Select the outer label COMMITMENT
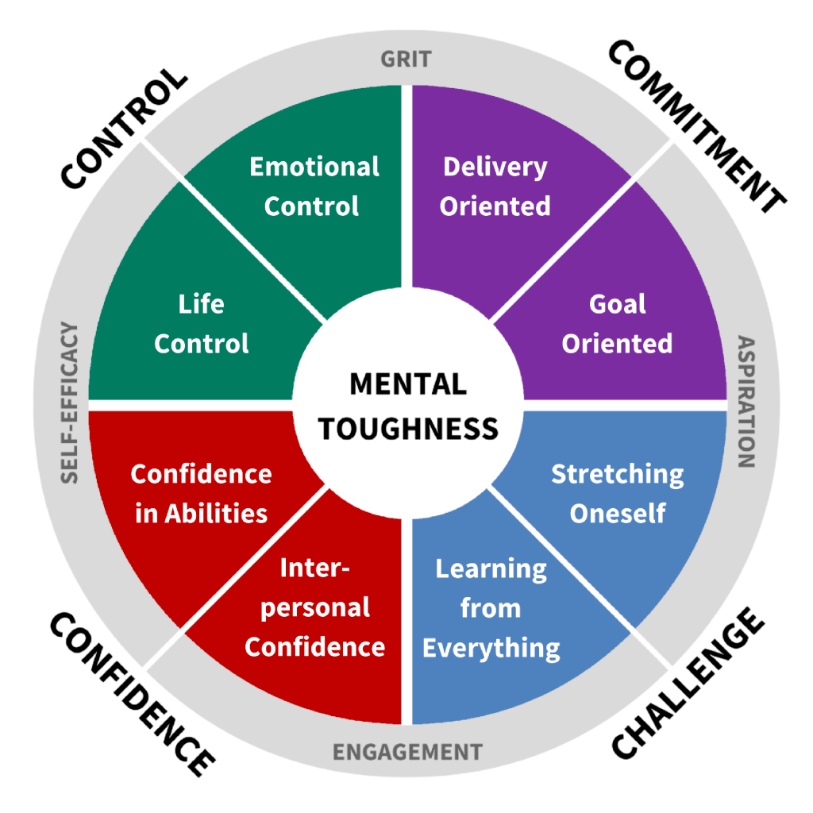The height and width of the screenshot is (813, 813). [x=697, y=127]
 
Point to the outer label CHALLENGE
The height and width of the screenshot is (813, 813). [x=688, y=684]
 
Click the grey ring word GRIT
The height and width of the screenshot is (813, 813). [x=406, y=60]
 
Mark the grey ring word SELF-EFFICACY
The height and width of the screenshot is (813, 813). [x=69, y=403]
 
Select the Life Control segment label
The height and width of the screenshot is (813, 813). [x=201, y=324]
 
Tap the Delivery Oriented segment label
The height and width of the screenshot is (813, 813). [x=495, y=187]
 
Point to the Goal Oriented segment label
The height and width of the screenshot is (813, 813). [x=617, y=324]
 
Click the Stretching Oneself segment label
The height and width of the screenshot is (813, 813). [x=617, y=493]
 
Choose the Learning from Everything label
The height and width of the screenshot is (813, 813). [x=491, y=608]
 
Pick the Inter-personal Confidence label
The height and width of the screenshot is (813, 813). [x=315, y=608]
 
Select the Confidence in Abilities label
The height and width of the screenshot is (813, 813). [x=201, y=493]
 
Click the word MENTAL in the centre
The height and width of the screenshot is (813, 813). [x=407, y=384]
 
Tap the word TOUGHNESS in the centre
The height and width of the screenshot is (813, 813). [x=408, y=429]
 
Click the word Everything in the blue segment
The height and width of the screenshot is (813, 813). [x=491, y=647]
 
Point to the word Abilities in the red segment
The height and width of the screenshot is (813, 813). [x=216, y=513]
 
